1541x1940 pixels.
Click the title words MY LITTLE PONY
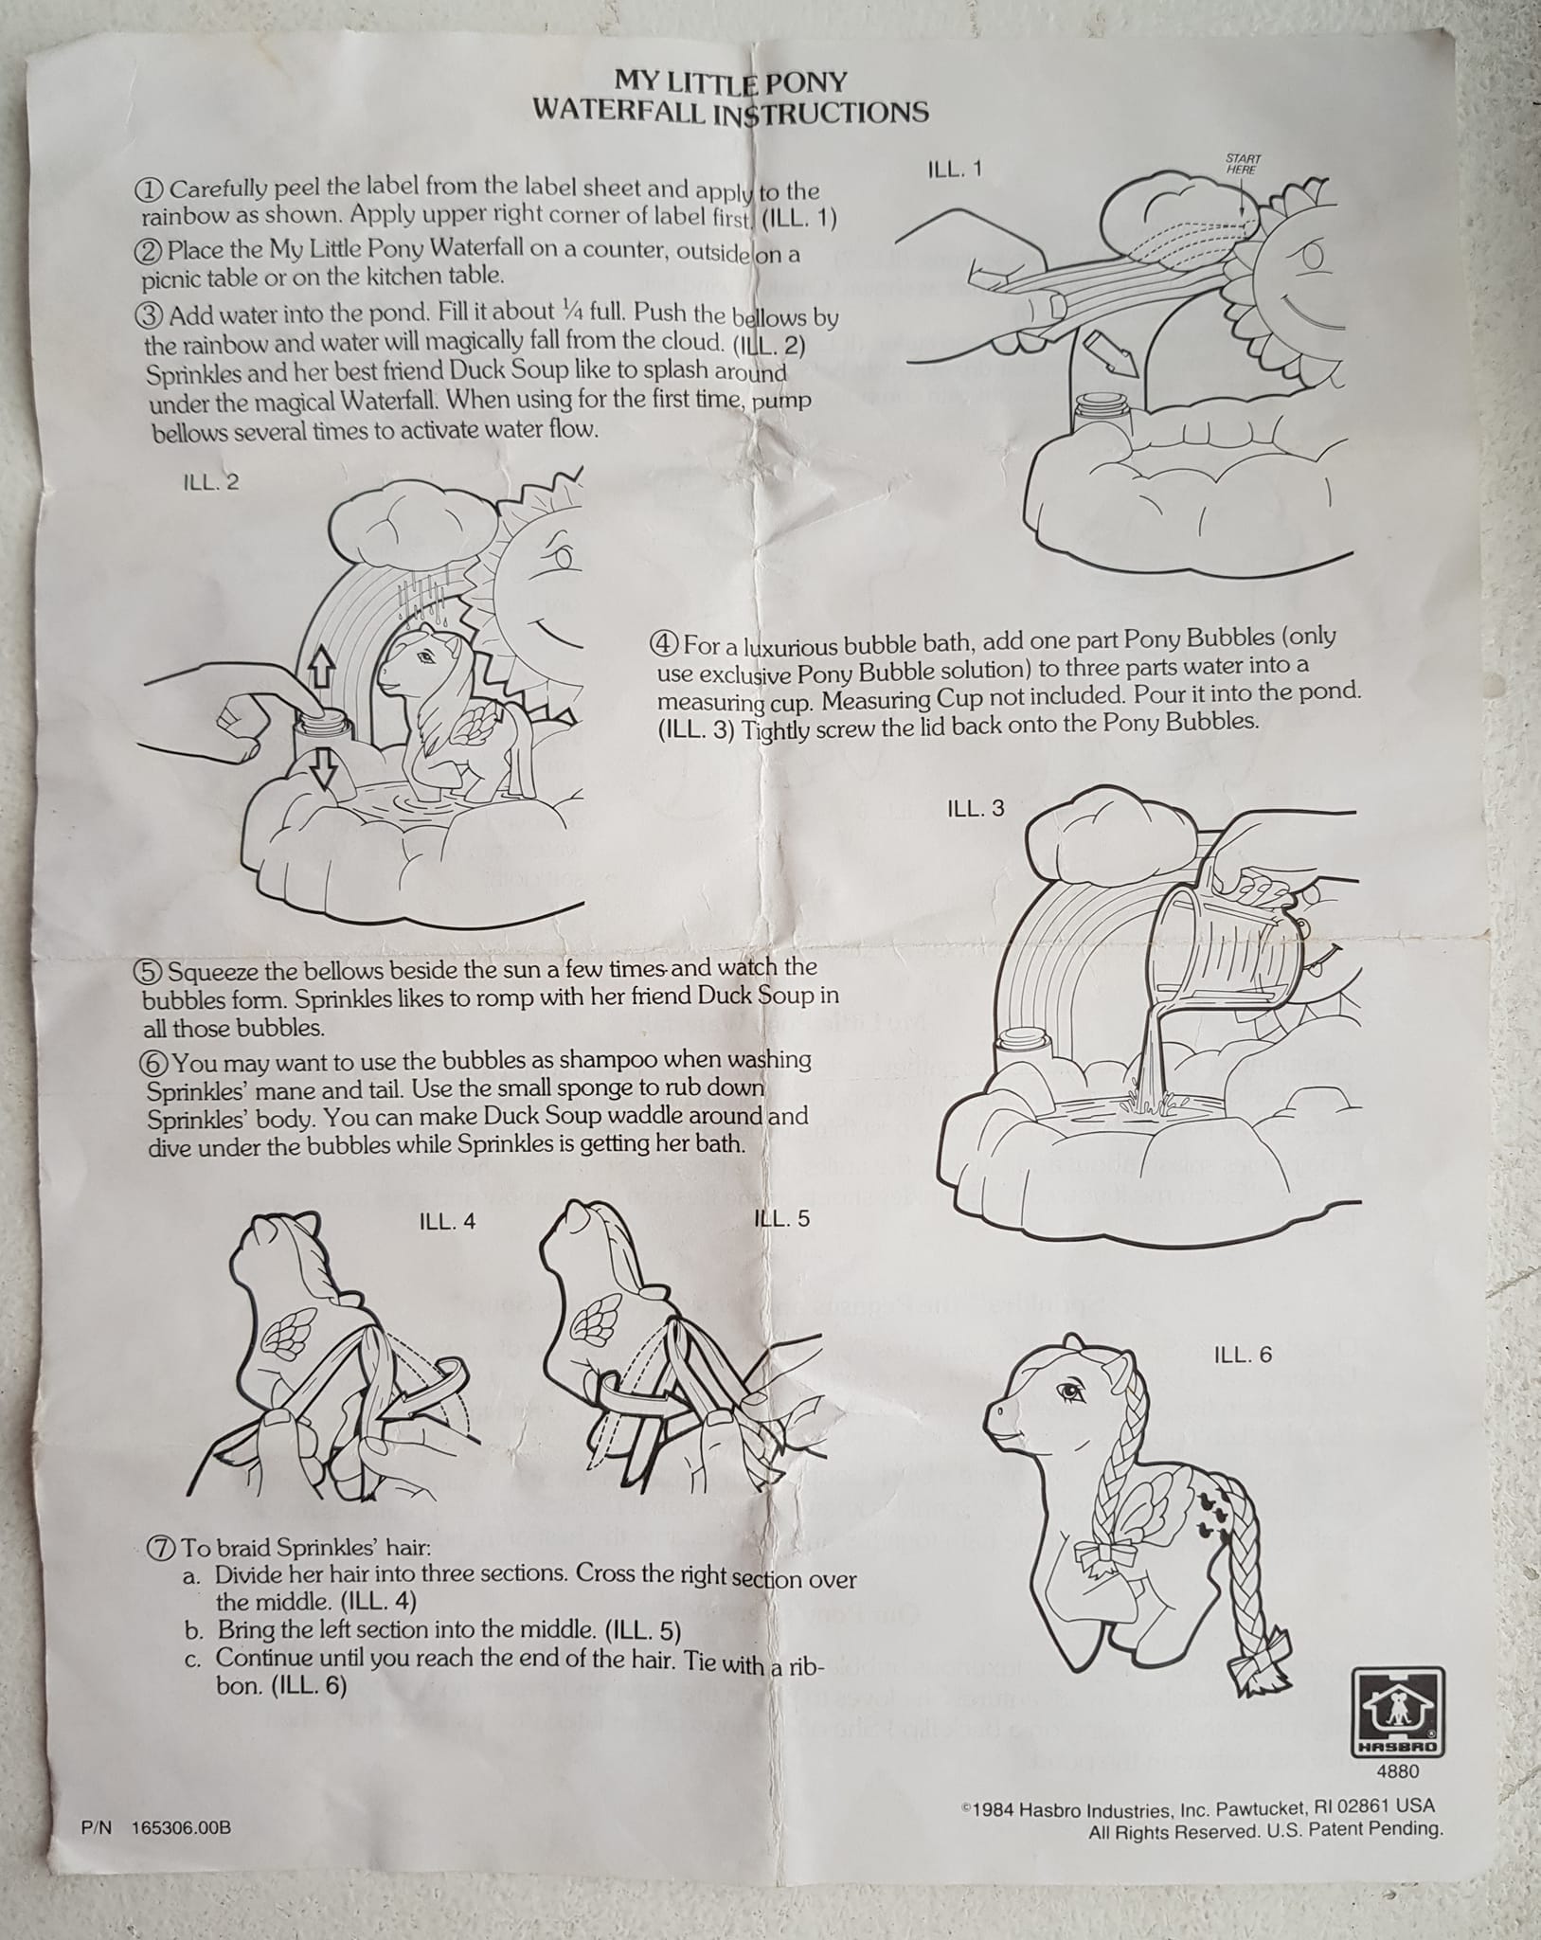731,81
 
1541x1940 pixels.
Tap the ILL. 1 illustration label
954,170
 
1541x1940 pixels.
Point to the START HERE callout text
1242,164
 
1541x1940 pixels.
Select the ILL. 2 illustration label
210,482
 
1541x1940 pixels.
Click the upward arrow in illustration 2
323,670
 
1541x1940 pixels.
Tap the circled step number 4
662,644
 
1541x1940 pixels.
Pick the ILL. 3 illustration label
976,809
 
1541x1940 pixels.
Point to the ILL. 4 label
447,1222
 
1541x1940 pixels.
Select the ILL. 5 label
781,1218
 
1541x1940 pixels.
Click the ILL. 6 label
1243,1356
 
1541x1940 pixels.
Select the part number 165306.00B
182,1827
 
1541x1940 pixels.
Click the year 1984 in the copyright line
994,1808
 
